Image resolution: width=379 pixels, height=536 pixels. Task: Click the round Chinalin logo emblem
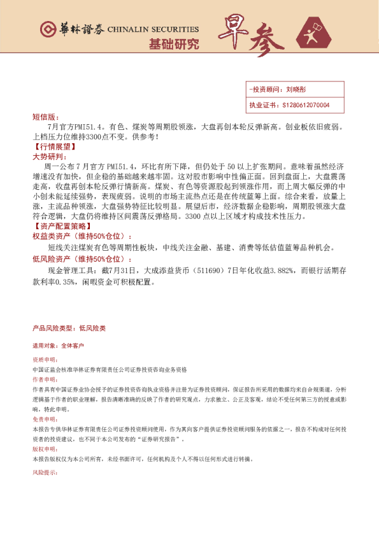tap(48, 29)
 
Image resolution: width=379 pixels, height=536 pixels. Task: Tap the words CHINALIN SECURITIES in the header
tap(153, 29)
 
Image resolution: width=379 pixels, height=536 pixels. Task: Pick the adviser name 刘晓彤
tap(297, 90)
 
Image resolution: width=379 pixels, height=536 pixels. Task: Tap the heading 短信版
tap(45, 117)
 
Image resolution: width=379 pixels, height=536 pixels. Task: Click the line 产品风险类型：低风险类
tap(69, 328)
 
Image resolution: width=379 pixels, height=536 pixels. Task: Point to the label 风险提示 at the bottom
tap(44, 473)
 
